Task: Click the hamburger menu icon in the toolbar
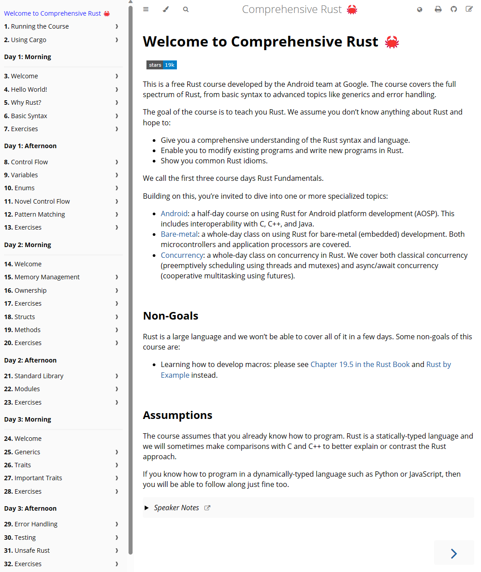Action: pos(146,9)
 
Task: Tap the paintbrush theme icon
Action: pos(166,9)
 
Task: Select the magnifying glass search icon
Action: pos(186,9)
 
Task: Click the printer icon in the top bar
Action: pos(438,9)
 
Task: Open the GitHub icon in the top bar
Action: pos(454,9)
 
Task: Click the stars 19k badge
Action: pos(162,65)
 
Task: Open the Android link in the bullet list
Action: pos(174,213)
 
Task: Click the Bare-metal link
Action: pos(179,234)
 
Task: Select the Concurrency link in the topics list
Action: pos(182,255)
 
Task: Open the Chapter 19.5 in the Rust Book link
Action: pos(360,364)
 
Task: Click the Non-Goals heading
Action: pos(171,316)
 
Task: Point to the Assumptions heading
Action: pos(177,415)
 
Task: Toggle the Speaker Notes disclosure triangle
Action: pos(146,508)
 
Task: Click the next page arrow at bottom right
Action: pos(454,553)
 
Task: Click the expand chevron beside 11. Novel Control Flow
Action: pos(117,201)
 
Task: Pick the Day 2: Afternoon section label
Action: pos(30,360)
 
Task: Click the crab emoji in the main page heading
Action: pos(392,42)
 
